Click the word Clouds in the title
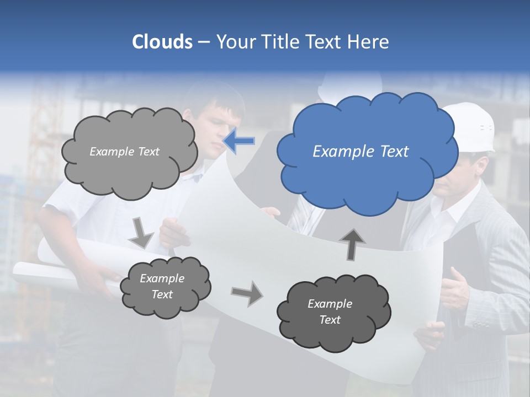[x=162, y=42]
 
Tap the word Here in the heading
[x=369, y=42]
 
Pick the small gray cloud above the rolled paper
[x=165, y=286]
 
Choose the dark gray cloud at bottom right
[x=333, y=313]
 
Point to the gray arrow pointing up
[x=352, y=244]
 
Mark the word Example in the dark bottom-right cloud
[x=330, y=304]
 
